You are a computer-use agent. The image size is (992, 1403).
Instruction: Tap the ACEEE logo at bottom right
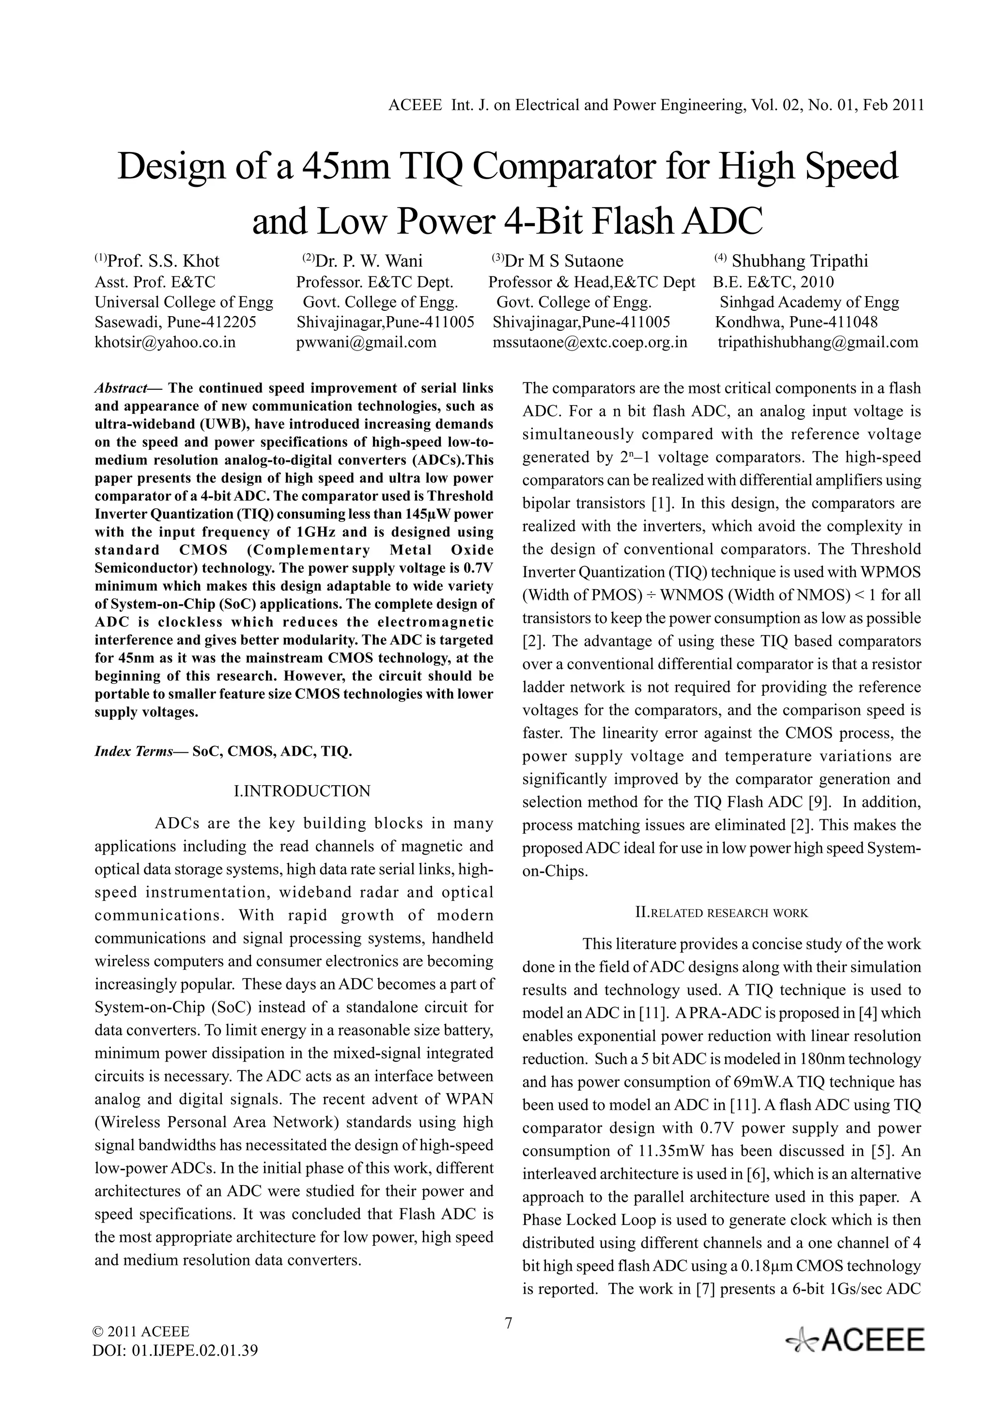(856, 1340)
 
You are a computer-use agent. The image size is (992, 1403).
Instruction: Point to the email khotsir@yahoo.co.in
(165, 342)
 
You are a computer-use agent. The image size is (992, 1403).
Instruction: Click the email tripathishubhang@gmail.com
(818, 342)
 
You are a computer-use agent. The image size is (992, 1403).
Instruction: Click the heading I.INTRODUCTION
(302, 792)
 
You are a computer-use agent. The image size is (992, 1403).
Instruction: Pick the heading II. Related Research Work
(721, 913)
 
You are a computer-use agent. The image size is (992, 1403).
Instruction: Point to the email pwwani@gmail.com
(366, 342)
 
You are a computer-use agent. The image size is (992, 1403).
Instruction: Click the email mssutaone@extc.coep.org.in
(590, 342)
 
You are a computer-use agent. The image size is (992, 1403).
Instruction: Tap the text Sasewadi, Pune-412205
(175, 322)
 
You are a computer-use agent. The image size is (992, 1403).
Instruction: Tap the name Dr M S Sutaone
(563, 261)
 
